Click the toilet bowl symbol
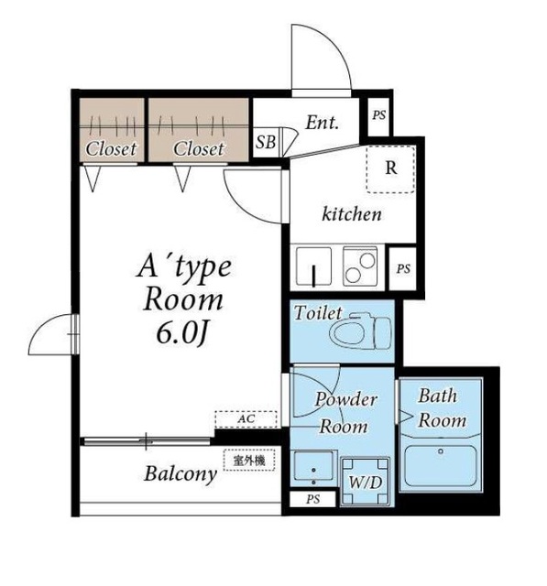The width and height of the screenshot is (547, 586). tap(361, 331)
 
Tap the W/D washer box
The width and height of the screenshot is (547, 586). tap(366, 482)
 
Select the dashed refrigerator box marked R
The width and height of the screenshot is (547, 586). tap(390, 168)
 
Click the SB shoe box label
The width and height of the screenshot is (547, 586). tap(266, 142)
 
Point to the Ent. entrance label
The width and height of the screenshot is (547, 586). tap(323, 122)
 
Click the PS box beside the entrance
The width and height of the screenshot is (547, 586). tap(378, 116)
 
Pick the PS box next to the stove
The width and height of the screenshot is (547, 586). tap(402, 268)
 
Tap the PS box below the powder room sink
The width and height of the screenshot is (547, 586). tap(313, 499)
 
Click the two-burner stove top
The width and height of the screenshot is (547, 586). tap(360, 266)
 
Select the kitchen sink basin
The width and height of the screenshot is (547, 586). tap(313, 266)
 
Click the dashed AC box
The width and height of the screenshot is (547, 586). tap(246, 419)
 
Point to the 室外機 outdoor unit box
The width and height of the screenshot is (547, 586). tap(249, 460)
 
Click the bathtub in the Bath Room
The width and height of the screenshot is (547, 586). tap(441, 467)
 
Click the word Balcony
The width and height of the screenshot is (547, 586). tap(181, 474)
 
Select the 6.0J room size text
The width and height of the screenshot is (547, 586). tap(182, 333)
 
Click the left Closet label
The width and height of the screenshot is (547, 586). tap(111, 149)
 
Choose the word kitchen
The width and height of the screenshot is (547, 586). tap(352, 214)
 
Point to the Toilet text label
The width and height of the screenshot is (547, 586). tap(318, 313)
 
